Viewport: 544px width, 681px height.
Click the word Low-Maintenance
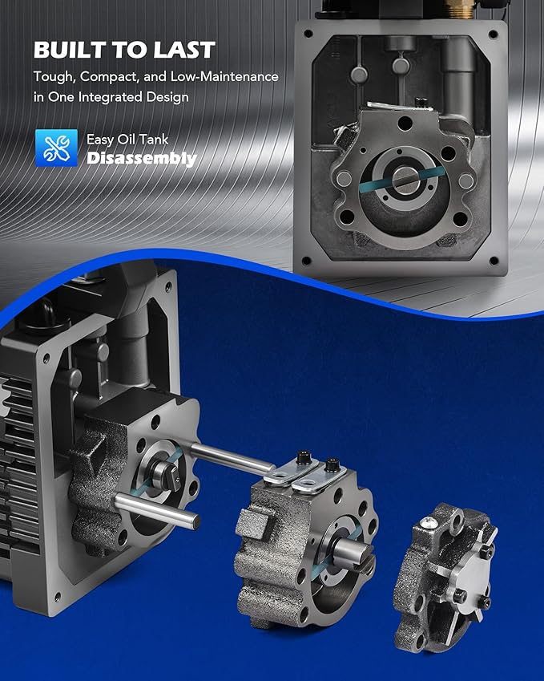tap(224, 76)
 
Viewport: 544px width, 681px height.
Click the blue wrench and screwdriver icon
tap(56, 148)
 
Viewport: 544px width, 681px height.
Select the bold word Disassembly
tap(142, 159)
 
